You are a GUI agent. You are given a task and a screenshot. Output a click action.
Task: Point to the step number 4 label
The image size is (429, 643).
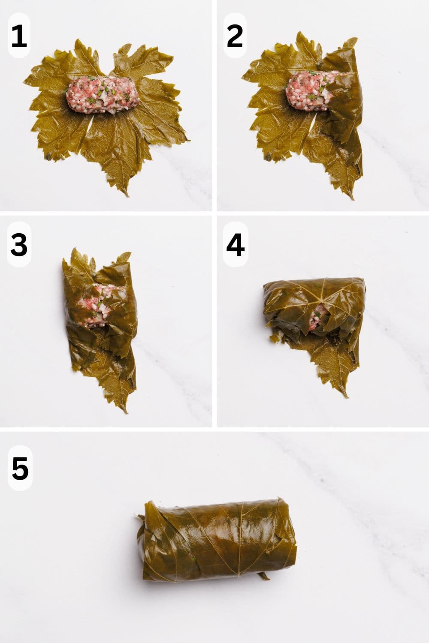(x=235, y=245)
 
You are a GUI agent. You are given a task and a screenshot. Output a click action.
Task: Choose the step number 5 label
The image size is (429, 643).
(x=20, y=468)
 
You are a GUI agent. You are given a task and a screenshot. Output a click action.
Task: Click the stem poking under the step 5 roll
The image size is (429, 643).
(x=263, y=576)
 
